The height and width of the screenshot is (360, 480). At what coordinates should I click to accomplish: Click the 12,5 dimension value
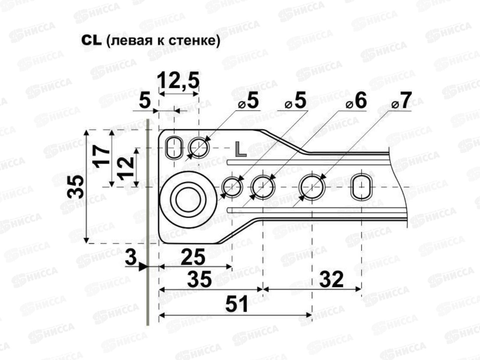click(x=178, y=81)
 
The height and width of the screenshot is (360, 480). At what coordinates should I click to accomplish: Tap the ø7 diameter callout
click(x=402, y=101)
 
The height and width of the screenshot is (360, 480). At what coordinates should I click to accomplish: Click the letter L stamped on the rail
click(x=241, y=149)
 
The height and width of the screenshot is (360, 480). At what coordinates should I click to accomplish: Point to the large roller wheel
click(x=188, y=200)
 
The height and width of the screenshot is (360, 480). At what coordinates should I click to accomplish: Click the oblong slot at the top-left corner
click(x=174, y=147)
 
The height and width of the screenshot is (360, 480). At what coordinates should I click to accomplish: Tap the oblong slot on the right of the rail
click(x=362, y=187)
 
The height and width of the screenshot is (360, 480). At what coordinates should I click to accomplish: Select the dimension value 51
click(x=237, y=304)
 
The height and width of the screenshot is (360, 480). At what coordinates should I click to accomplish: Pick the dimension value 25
click(x=193, y=257)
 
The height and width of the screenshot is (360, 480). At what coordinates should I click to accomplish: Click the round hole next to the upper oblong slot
click(x=198, y=147)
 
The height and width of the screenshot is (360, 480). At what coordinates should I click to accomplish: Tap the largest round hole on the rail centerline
click(x=312, y=187)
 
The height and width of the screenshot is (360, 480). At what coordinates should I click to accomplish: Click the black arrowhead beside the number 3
click(x=143, y=267)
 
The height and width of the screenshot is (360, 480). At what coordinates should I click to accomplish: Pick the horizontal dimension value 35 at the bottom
click(x=199, y=280)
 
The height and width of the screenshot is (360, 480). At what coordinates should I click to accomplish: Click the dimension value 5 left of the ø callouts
click(x=145, y=101)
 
